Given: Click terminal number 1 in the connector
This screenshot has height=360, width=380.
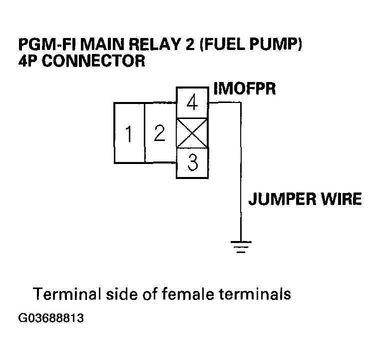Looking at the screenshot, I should [129, 133].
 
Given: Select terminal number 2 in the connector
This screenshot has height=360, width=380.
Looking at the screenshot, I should [159, 133].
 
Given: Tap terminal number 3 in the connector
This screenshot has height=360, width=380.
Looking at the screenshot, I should [192, 163].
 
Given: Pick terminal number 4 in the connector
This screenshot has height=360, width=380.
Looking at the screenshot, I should [192, 103].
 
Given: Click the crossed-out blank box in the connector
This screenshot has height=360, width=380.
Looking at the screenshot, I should [192, 133].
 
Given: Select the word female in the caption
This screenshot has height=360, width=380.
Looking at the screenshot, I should [189, 293].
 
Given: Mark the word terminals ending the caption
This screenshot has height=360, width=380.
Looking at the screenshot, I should [256, 293].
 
